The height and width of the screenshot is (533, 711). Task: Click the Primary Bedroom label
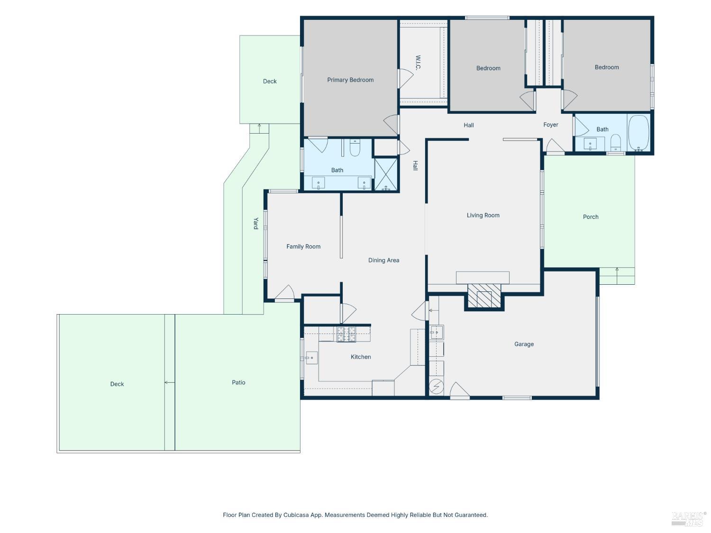point(350,80)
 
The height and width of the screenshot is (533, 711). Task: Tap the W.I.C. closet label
point(418,63)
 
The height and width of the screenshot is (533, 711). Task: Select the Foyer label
point(551,125)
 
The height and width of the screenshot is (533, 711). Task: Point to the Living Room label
point(483,215)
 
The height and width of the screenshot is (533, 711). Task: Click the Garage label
point(524,344)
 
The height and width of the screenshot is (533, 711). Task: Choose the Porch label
point(591,217)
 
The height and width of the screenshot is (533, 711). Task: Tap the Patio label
point(238,382)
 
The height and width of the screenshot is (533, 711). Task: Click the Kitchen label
point(361,357)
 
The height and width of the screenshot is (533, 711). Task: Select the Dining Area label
point(383,260)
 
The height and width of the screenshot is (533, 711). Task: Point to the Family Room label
point(303,246)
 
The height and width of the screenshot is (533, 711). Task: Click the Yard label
point(255,224)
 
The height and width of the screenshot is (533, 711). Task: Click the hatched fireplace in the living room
point(484,296)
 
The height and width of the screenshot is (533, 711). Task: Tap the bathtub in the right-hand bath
point(638,133)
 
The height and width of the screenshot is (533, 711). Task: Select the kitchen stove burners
point(346,334)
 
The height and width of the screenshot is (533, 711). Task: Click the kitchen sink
point(311,358)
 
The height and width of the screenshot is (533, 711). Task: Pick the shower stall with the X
point(386,174)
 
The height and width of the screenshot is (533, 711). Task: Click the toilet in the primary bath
point(355,148)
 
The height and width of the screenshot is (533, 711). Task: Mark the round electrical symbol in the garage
point(436,386)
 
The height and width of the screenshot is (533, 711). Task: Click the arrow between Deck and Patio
point(169,382)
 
